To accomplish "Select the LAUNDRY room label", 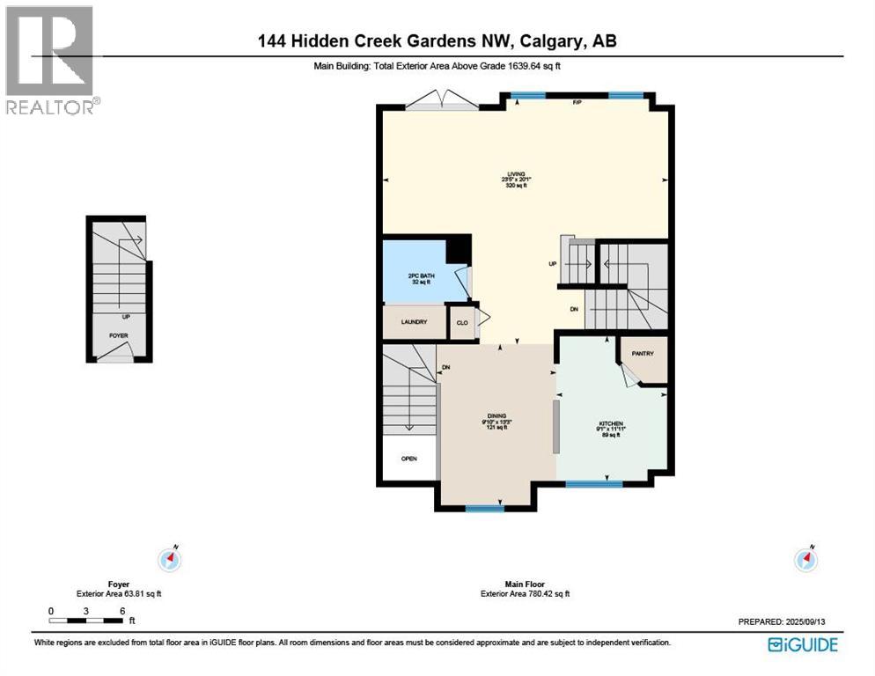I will (414, 322).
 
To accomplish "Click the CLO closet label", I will (460, 323).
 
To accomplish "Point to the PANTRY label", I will (642, 354).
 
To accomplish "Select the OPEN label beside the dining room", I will (408, 459).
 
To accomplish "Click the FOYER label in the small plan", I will (118, 335).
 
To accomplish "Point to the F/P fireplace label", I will (577, 103).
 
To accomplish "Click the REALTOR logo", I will (51, 60).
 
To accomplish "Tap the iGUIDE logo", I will (802, 644).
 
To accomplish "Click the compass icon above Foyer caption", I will (169, 558).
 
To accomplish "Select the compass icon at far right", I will (805, 558).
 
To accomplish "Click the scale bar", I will (86, 621).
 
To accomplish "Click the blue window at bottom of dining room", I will (484, 508).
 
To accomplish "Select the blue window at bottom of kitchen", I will (593, 483).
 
